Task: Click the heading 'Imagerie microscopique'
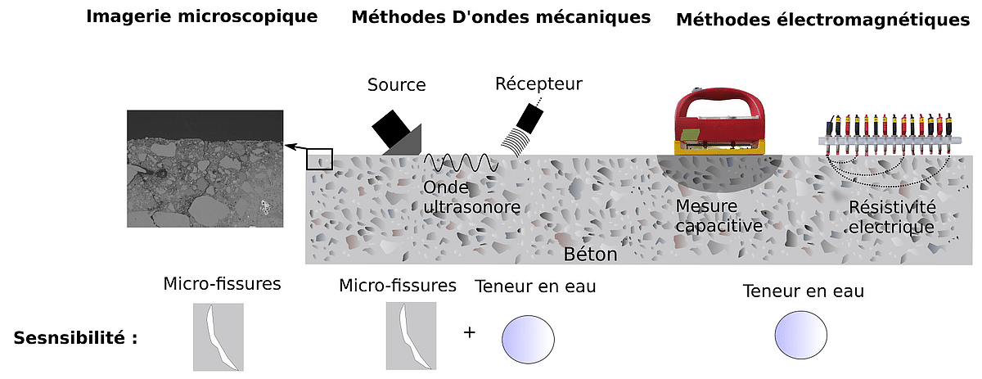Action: click(201, 16)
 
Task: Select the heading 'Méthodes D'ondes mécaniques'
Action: click(501, 16)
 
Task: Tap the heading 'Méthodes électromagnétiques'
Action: click(822, 19)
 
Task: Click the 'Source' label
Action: click(396, 85)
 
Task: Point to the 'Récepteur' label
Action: click(538, 83)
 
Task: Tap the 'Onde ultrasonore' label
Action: click(471, 197)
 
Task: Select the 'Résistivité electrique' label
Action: click(891, 217)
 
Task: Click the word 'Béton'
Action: click(590, 254)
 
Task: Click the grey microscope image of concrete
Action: click(205, 169)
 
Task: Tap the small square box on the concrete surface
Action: click(319, 158)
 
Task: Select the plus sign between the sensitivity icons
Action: click(469, 332)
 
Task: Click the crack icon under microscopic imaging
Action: click(218, 336)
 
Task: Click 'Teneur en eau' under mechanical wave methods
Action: click(535, 287)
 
